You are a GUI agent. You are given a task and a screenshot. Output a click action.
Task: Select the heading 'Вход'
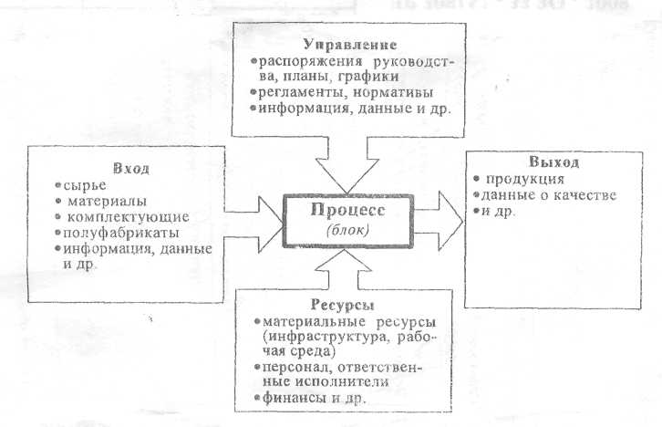(x=130, y=170)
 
